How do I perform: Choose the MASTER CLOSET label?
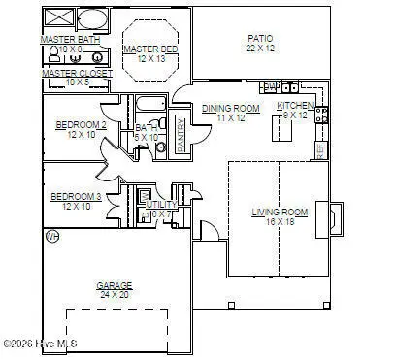tap(77, 73)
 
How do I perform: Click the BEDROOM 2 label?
tap(80, 125)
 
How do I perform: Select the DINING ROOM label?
tap(231, 108)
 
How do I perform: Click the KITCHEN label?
tap(295, 106)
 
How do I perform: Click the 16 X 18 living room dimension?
tap(280, 221)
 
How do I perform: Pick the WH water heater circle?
tap(52, 236)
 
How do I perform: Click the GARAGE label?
tap(114, 285)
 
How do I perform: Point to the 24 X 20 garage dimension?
tap(114, 294)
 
